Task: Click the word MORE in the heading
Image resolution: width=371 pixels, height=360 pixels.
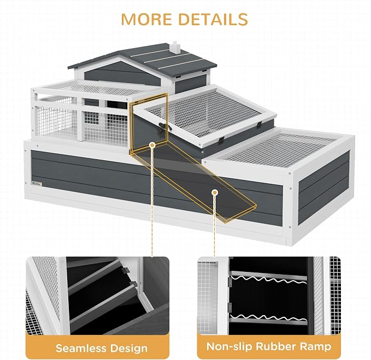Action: click(146, 19)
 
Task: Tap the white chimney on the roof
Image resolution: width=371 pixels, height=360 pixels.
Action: click(175, 47)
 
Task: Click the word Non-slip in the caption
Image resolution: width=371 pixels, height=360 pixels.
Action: click(229, 347)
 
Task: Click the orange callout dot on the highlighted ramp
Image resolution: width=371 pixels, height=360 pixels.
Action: click(215, 193)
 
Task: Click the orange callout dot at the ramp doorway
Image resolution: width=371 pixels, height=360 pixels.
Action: click(152, 144)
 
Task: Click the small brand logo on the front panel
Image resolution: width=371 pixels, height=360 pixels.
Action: click(37, 184)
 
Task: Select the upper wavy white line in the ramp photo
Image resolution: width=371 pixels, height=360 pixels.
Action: click(268, 279)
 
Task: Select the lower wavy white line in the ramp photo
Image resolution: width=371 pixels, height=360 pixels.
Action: click(268, 317)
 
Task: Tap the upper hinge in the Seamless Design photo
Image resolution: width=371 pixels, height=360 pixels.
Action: click(126, 270)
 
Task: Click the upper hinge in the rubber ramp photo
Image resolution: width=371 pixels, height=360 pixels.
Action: click(229, 282)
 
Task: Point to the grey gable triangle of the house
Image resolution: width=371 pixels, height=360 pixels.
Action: click(122, 72)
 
